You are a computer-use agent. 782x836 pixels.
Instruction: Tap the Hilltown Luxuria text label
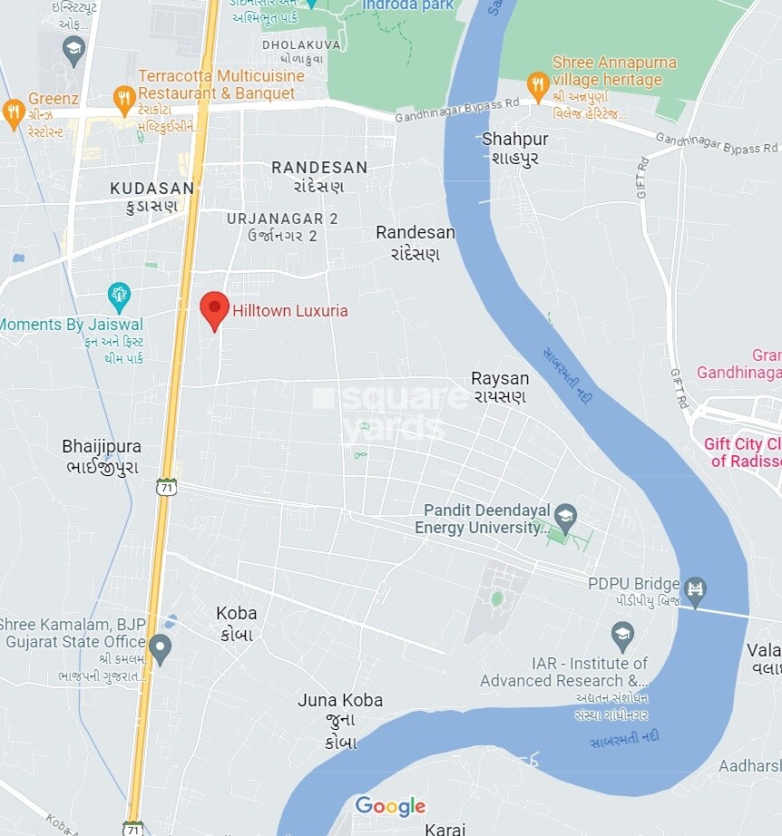tap(289, 310)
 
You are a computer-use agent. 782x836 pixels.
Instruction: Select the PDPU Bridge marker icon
tap(696, 590)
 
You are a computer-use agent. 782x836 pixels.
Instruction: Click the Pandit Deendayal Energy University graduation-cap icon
tap(565, 519)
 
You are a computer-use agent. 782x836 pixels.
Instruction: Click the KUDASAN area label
tap(152, 189)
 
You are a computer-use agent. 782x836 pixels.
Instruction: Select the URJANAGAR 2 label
tap(282, 219)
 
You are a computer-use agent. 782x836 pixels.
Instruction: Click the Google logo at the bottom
tap(390, 805)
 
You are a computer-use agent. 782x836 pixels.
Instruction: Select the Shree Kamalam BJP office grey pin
tap(160, 648)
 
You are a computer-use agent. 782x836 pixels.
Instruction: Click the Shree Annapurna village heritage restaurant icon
tap(538, 86)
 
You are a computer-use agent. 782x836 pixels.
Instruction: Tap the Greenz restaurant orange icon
tap(14, 113)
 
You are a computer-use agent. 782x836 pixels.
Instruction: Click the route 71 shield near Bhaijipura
tap(166, 487)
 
